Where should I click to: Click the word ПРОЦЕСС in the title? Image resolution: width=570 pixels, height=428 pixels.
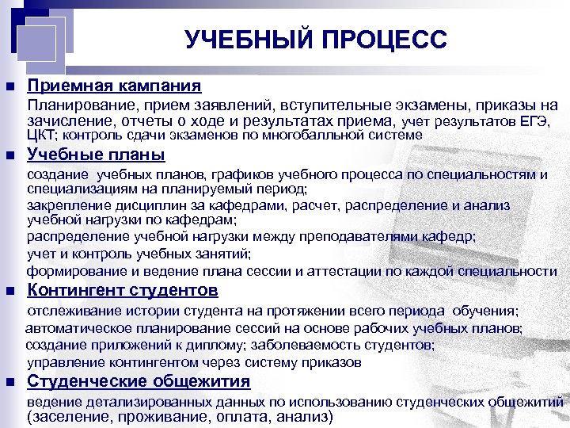point(383,39)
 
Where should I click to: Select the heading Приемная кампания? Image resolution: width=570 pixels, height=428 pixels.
point(114,86)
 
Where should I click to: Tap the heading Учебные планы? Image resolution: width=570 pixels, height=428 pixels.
point(96,154)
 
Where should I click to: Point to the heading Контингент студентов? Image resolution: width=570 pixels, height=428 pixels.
point(123,289)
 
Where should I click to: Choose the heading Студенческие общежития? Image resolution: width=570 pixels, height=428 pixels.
point(139,382)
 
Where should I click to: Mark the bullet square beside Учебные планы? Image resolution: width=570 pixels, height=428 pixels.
point(9,155)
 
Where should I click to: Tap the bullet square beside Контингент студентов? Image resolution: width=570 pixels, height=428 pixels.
point(9,290)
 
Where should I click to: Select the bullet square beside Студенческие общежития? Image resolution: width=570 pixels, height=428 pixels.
point(9,383)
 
